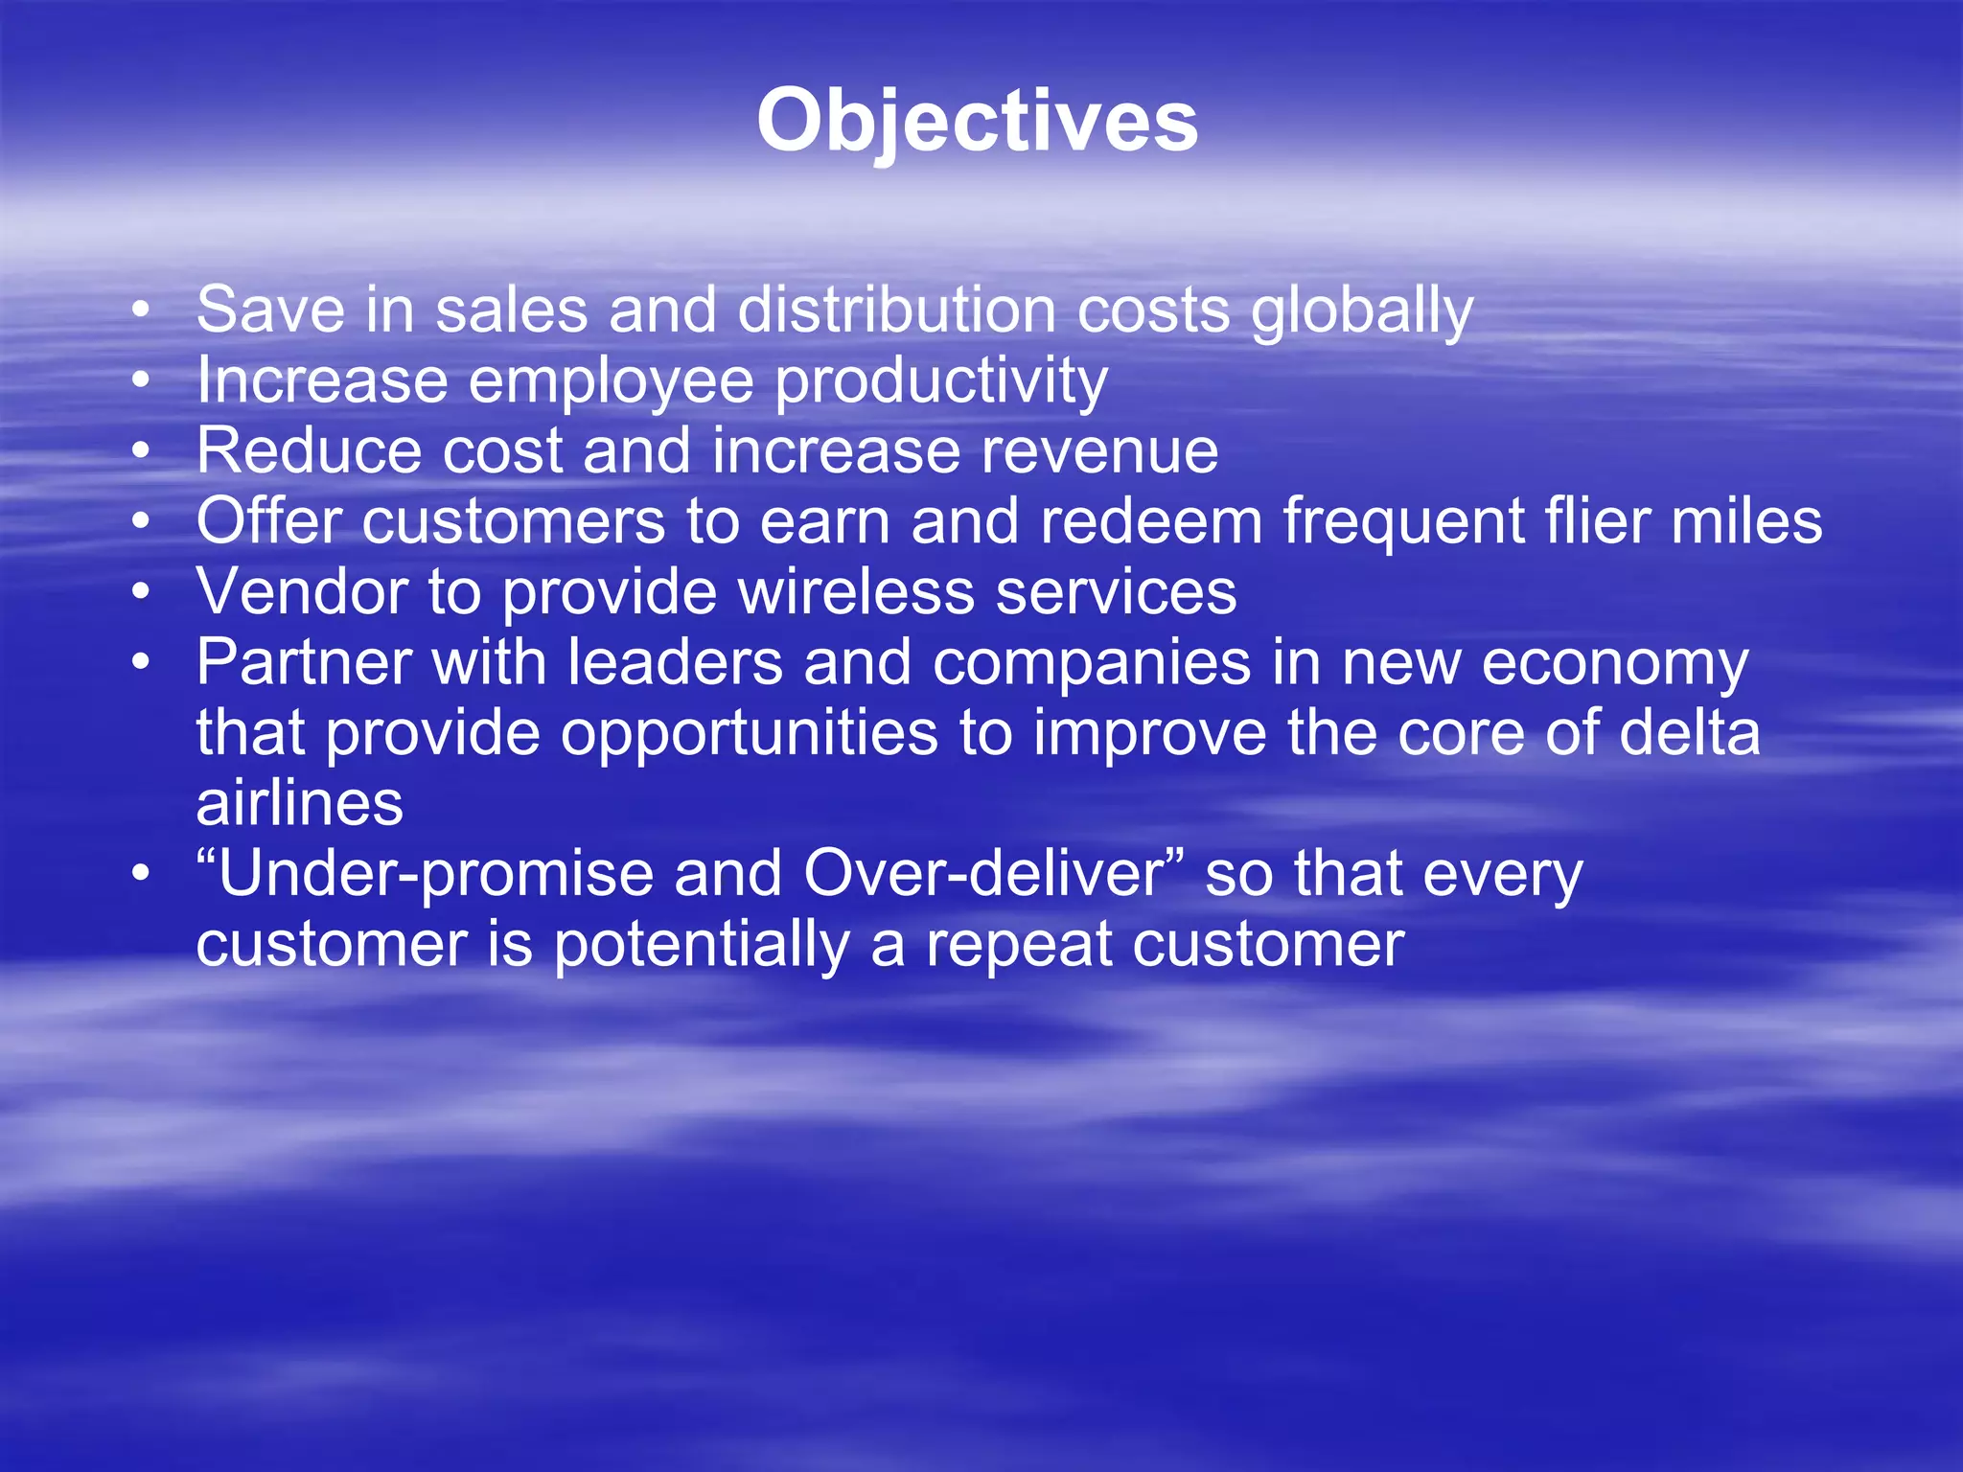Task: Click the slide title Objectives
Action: coord(977,122)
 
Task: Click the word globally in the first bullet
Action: coord(1362,311)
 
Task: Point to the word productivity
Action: coord(941,382)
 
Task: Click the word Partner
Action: coord(304,662)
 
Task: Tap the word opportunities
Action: coord(749,735)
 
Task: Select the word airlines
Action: coord(299,803)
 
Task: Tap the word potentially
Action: coord(702,946)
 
